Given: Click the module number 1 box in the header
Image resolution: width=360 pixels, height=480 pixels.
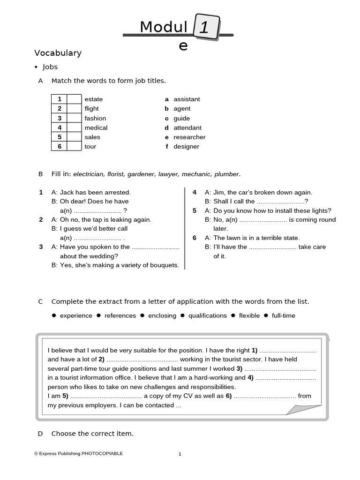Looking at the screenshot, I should [x=205, y=27].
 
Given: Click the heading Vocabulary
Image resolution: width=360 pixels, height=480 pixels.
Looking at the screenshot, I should [x=58, y=53].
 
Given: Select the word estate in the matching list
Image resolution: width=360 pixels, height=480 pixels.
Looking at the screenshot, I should [x=93, y=99].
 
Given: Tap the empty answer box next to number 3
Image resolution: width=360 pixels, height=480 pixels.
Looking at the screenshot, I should [x=74, y=118].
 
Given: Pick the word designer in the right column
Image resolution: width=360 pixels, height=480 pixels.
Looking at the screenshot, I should [x=186, y=147].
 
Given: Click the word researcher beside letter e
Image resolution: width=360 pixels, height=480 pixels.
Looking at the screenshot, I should [x=189, y=137].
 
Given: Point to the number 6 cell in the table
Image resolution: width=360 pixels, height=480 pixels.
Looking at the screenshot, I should [x=60, y=147].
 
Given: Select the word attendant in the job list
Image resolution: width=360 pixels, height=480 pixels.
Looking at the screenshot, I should [x=187, y=128].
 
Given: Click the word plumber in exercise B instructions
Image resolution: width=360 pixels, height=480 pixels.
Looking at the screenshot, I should [x=226, y=174].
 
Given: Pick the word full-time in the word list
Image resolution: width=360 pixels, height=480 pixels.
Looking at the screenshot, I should [x=283, y=316].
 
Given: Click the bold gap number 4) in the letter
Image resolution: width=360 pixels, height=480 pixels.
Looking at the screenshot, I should [x=250, y=378].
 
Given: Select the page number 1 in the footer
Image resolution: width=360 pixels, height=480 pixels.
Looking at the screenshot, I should [x=180, y=454].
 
